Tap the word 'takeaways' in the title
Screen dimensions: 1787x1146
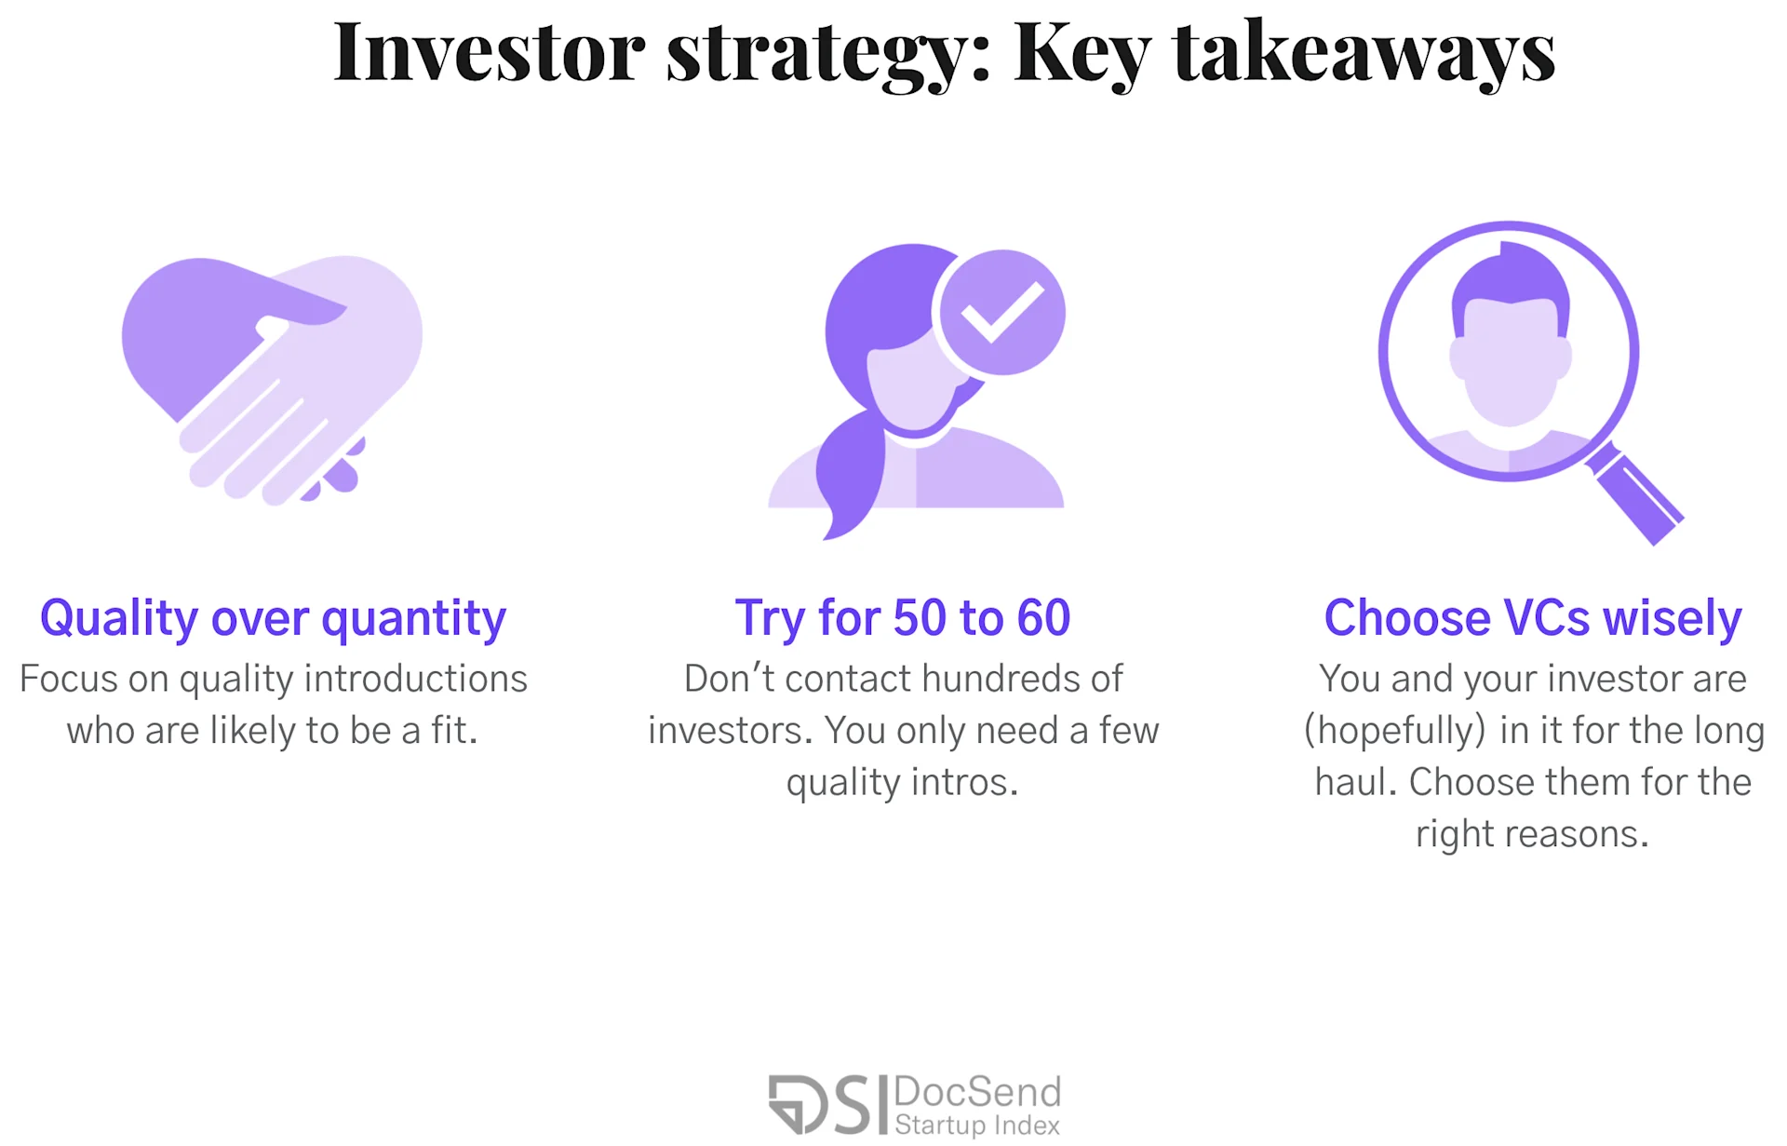tap(1364, 54)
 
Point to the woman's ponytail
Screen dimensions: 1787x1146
tap(849, 475)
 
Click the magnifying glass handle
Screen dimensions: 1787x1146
tap(1636, 494)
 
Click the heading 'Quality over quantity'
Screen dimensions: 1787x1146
tap(273, 618)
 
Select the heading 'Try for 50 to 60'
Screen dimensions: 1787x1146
tap(903, 618)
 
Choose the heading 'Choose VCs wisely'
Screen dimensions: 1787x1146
tap(1533, 618)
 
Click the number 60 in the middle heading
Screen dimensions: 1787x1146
tap(1043, 618)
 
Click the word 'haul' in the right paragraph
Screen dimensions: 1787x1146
tap(1352, 782)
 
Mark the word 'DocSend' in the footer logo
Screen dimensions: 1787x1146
tap(977, 1091)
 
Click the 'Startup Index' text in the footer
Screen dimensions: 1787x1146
tap(977, 1126)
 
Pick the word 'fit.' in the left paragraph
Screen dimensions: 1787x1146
tap(454, 731)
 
